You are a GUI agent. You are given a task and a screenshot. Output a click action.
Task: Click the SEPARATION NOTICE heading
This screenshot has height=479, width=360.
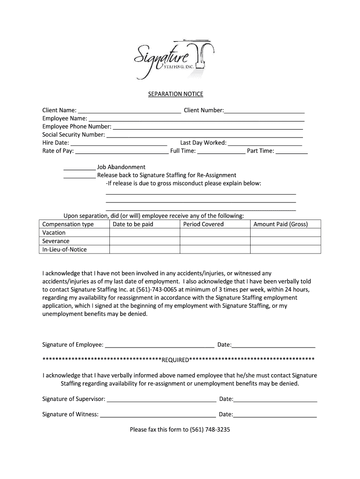click(173, 94)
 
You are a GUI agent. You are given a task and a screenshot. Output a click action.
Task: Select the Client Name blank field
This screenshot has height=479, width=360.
click(130, 110)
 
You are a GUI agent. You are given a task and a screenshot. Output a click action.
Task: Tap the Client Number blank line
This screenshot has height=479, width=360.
click(264, 110)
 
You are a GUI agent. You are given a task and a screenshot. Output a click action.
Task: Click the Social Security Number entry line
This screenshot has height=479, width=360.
click(205, 135)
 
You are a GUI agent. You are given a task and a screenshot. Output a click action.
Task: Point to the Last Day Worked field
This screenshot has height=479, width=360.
click(265, 143)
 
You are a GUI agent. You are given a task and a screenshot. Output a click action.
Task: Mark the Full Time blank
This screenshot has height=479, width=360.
click(221, 151)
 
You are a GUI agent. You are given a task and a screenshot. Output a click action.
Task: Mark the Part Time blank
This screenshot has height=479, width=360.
click(292, 151)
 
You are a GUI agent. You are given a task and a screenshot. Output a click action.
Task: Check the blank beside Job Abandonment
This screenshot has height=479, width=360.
click(79, 167)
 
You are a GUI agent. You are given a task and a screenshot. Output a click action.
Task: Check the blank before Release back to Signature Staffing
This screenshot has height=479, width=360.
click(79, 175)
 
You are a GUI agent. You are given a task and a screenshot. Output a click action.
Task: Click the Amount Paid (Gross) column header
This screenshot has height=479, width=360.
click(281, 224)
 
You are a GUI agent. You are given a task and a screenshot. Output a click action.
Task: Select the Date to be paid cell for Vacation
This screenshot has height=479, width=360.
click(144, 232)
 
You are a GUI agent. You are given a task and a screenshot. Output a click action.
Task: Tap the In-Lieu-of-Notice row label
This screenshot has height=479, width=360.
click(65, 249)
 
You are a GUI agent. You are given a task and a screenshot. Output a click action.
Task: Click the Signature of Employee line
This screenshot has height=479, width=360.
click(159, 345)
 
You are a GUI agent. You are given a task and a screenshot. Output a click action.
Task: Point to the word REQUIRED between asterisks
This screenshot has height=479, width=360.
click(175, 360)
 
